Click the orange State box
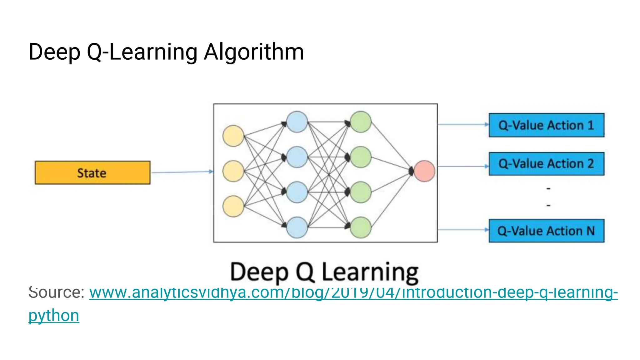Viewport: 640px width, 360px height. tap(92, 172)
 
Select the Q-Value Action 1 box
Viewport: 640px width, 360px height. tap(546, 125)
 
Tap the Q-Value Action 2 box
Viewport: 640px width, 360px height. tap(546, 164)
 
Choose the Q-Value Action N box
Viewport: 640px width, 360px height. tap(546, 231)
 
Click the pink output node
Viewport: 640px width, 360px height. tap(424, 171)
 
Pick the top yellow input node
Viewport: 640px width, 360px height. tap(233, 136)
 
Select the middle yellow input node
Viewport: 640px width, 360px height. tap(233, 171)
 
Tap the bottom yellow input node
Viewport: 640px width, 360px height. tap(233, 206)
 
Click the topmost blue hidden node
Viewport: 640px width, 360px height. tap(297, 122)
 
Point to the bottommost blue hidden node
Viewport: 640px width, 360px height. tap(297, 227)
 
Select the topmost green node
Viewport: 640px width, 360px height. tap(361, 122)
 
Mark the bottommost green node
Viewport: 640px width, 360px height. tap(361, 227)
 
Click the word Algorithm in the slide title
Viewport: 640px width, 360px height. tap(254, 52)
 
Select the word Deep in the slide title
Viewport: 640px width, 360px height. tap(54, 52)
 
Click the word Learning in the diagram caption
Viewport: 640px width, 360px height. tap(370, 272)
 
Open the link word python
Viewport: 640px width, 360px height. tap(54, 316)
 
